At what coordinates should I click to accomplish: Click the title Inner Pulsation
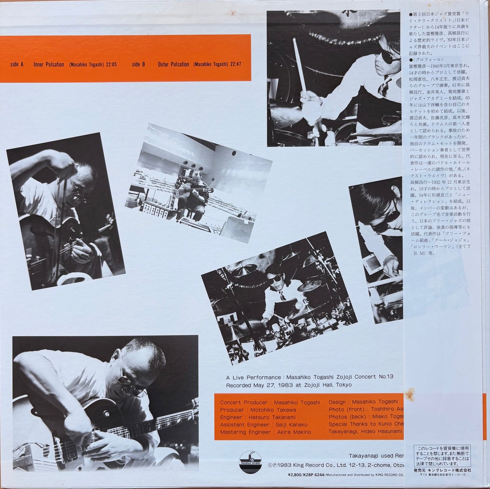(49, 64)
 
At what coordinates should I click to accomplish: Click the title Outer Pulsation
(173, 64)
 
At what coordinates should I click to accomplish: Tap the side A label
(17, 64)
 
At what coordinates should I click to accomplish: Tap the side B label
(138, 64)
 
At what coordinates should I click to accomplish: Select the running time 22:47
(235, 64)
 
